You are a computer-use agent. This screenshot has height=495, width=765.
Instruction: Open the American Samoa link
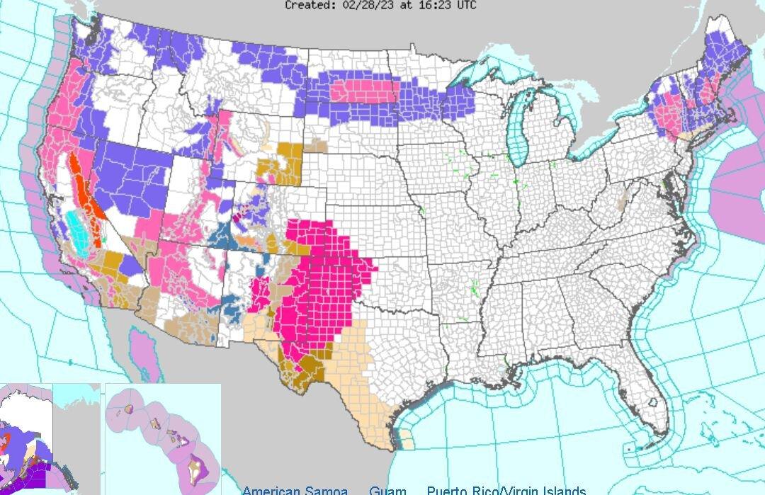(x=295, y=490)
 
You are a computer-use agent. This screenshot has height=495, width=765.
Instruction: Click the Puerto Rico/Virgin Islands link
(x=506, y=490)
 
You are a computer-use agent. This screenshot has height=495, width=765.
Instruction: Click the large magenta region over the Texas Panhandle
(x=326, y=276)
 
